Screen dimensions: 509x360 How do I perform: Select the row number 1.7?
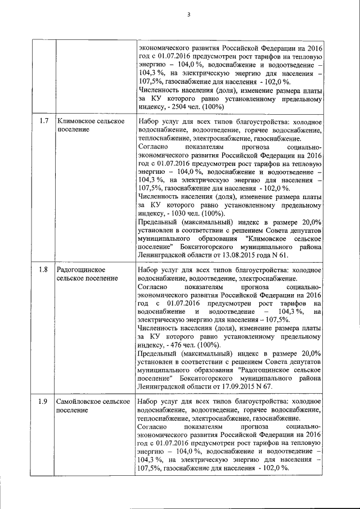pyautogui.click(x=43, y=122)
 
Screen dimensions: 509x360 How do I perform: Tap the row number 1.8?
pyautogui.click(x=43, y=269)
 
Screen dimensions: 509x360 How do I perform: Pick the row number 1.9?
pyautogui.click(x=43, y=402)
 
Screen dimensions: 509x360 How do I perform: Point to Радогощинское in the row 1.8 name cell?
pyautogui.click(x=83, y=269)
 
